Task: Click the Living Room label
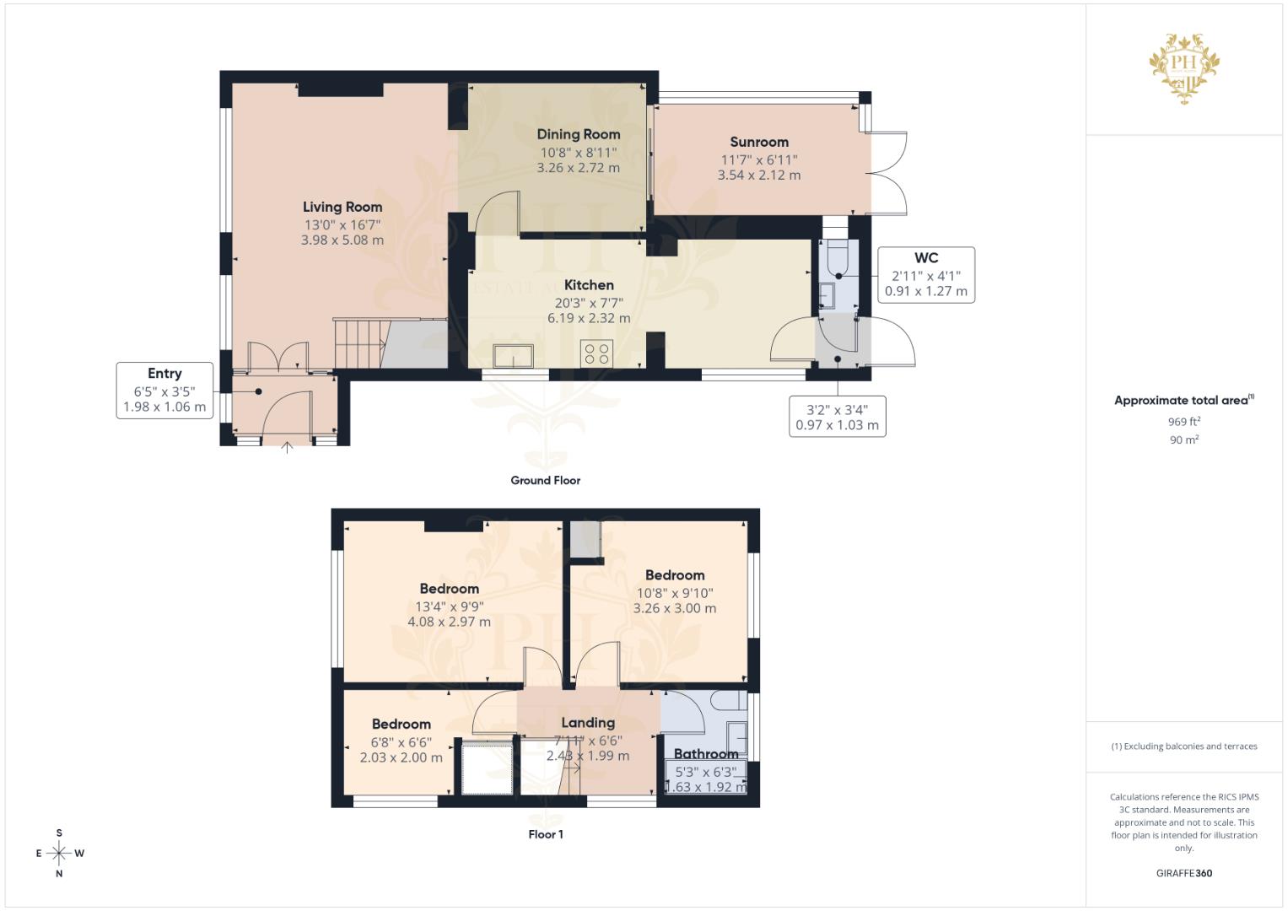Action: (342, 207)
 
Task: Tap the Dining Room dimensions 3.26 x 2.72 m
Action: (579, 168)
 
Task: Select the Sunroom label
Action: (759, 142)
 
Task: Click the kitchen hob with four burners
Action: (597, 353)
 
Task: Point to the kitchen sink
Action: (513, 356)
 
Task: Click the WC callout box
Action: (926, 275)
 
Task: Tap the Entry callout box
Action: (165, 391)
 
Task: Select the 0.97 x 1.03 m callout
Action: (838, 417)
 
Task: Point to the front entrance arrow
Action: (287, 447)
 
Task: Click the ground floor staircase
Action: (358, 344)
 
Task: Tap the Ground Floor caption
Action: (545, 480)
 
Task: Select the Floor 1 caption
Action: (546, 834)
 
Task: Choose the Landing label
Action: (588, 723)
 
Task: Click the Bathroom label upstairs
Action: (706, 754)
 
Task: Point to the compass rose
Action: (59, 853)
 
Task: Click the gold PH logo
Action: (1184, 68)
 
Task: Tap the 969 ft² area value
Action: (1184, 422)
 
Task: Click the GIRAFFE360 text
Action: (1184, 873)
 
